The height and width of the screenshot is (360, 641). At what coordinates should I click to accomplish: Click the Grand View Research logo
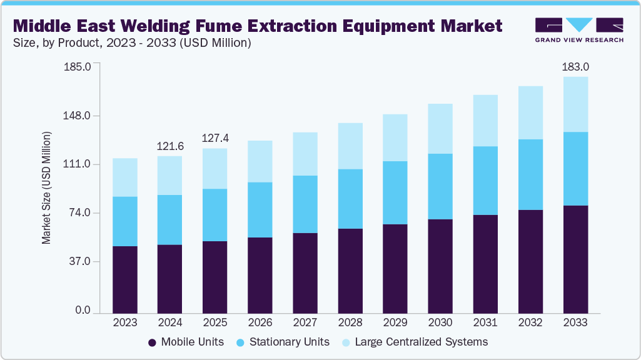(x=579, y=29)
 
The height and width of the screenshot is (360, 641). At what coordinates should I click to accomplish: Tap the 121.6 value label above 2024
(x=170, y=146)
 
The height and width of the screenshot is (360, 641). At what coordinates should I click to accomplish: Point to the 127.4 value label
(x=215, y=138)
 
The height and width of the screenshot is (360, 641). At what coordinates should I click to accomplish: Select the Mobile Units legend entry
(x=186, y=342)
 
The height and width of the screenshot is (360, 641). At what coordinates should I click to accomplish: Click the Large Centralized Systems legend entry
(x=415, y=342)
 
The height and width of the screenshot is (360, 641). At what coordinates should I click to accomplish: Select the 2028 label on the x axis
(x=350, y=323)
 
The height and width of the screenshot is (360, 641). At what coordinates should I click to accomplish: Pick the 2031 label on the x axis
(x=485, y=323)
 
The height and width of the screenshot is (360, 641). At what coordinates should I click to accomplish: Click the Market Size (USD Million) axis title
(x=46, y=188)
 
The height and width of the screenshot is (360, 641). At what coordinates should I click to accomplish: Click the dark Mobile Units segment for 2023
(x=125, y=279)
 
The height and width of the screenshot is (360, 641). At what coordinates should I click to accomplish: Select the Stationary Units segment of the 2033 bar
(x=575, y=169)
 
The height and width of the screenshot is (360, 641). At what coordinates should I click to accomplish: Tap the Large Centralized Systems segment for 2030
(x=440, y=129)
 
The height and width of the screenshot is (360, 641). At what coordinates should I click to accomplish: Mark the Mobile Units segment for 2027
(x=305, y=272)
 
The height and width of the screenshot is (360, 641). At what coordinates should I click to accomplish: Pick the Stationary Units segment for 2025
(x=215, y=215)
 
